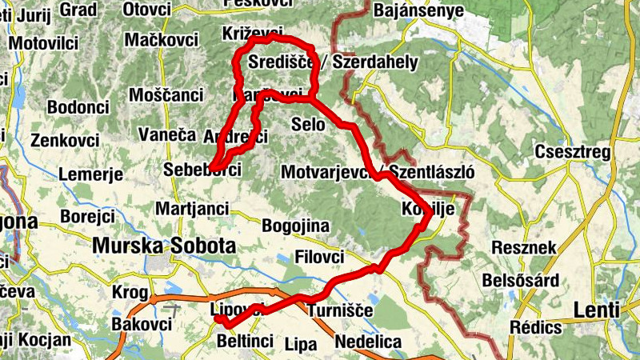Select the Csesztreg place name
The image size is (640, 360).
574,152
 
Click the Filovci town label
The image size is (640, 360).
319,258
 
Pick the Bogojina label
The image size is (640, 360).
295,225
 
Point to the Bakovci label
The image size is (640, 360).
142,324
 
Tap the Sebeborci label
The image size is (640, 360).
202,170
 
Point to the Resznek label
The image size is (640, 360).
524,248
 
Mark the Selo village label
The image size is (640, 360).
308,125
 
